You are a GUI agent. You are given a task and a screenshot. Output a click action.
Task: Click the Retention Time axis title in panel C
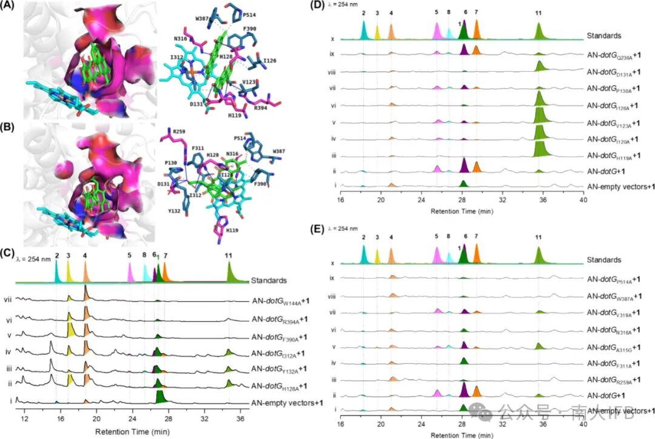tap(129, 430)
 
